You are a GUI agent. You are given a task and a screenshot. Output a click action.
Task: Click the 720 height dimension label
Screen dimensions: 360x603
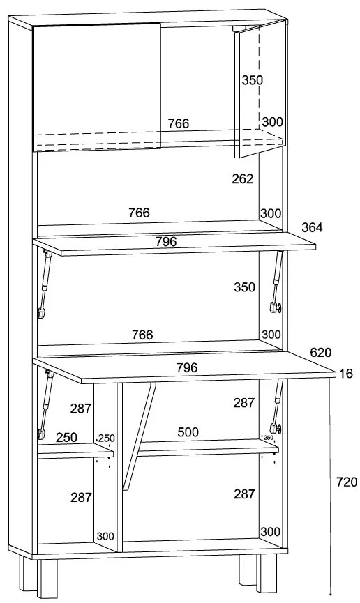tap(347, 482)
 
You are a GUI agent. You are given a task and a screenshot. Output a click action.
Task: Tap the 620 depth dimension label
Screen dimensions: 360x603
tap(321, 352)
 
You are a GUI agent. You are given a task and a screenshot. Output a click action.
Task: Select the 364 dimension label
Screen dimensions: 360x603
tap(312, 228)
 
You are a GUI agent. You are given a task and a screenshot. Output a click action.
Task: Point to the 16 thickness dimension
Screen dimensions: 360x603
tap(347, 374)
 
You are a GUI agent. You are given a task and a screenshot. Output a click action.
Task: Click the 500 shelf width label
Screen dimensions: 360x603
tap(188, 432)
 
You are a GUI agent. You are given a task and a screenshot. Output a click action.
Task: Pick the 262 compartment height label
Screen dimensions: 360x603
tap(243, 179)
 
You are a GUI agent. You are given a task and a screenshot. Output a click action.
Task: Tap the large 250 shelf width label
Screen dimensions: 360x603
tap(66, 437)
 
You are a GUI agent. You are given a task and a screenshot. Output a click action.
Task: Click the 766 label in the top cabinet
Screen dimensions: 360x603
tap(179, 123)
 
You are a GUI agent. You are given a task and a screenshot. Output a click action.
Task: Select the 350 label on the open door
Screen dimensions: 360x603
tap(253, 80)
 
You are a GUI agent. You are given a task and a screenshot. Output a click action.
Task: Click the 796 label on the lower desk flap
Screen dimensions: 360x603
tap(187, 368)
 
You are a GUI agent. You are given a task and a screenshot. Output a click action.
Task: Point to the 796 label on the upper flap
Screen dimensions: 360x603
tap(166, 242)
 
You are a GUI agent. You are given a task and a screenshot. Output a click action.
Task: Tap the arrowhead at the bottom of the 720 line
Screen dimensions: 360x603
tap(331, 596)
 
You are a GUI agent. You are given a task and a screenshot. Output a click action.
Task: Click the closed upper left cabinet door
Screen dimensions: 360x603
tap(97, 87)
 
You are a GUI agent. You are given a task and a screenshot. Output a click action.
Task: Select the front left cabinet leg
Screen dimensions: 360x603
tap(47, 576)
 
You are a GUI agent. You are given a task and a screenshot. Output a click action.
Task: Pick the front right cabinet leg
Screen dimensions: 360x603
tap(267, 573)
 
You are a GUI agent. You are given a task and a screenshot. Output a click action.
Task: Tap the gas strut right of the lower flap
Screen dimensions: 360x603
tap(276, 408)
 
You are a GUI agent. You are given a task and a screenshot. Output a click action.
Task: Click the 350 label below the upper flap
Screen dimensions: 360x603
tap(244, 287)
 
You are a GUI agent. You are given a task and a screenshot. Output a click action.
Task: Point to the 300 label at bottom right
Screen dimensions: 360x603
tap(270, 532)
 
